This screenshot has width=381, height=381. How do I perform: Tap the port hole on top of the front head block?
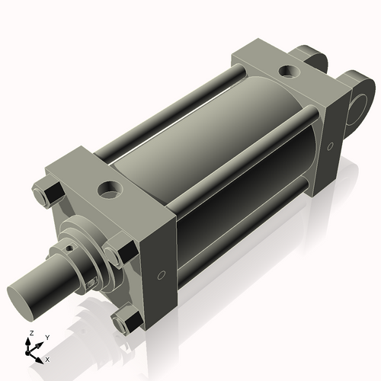tap(111, 186)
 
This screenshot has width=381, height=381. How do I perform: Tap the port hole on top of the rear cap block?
tap(290, 72)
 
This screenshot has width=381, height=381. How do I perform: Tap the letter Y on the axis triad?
tap(46, 337)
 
